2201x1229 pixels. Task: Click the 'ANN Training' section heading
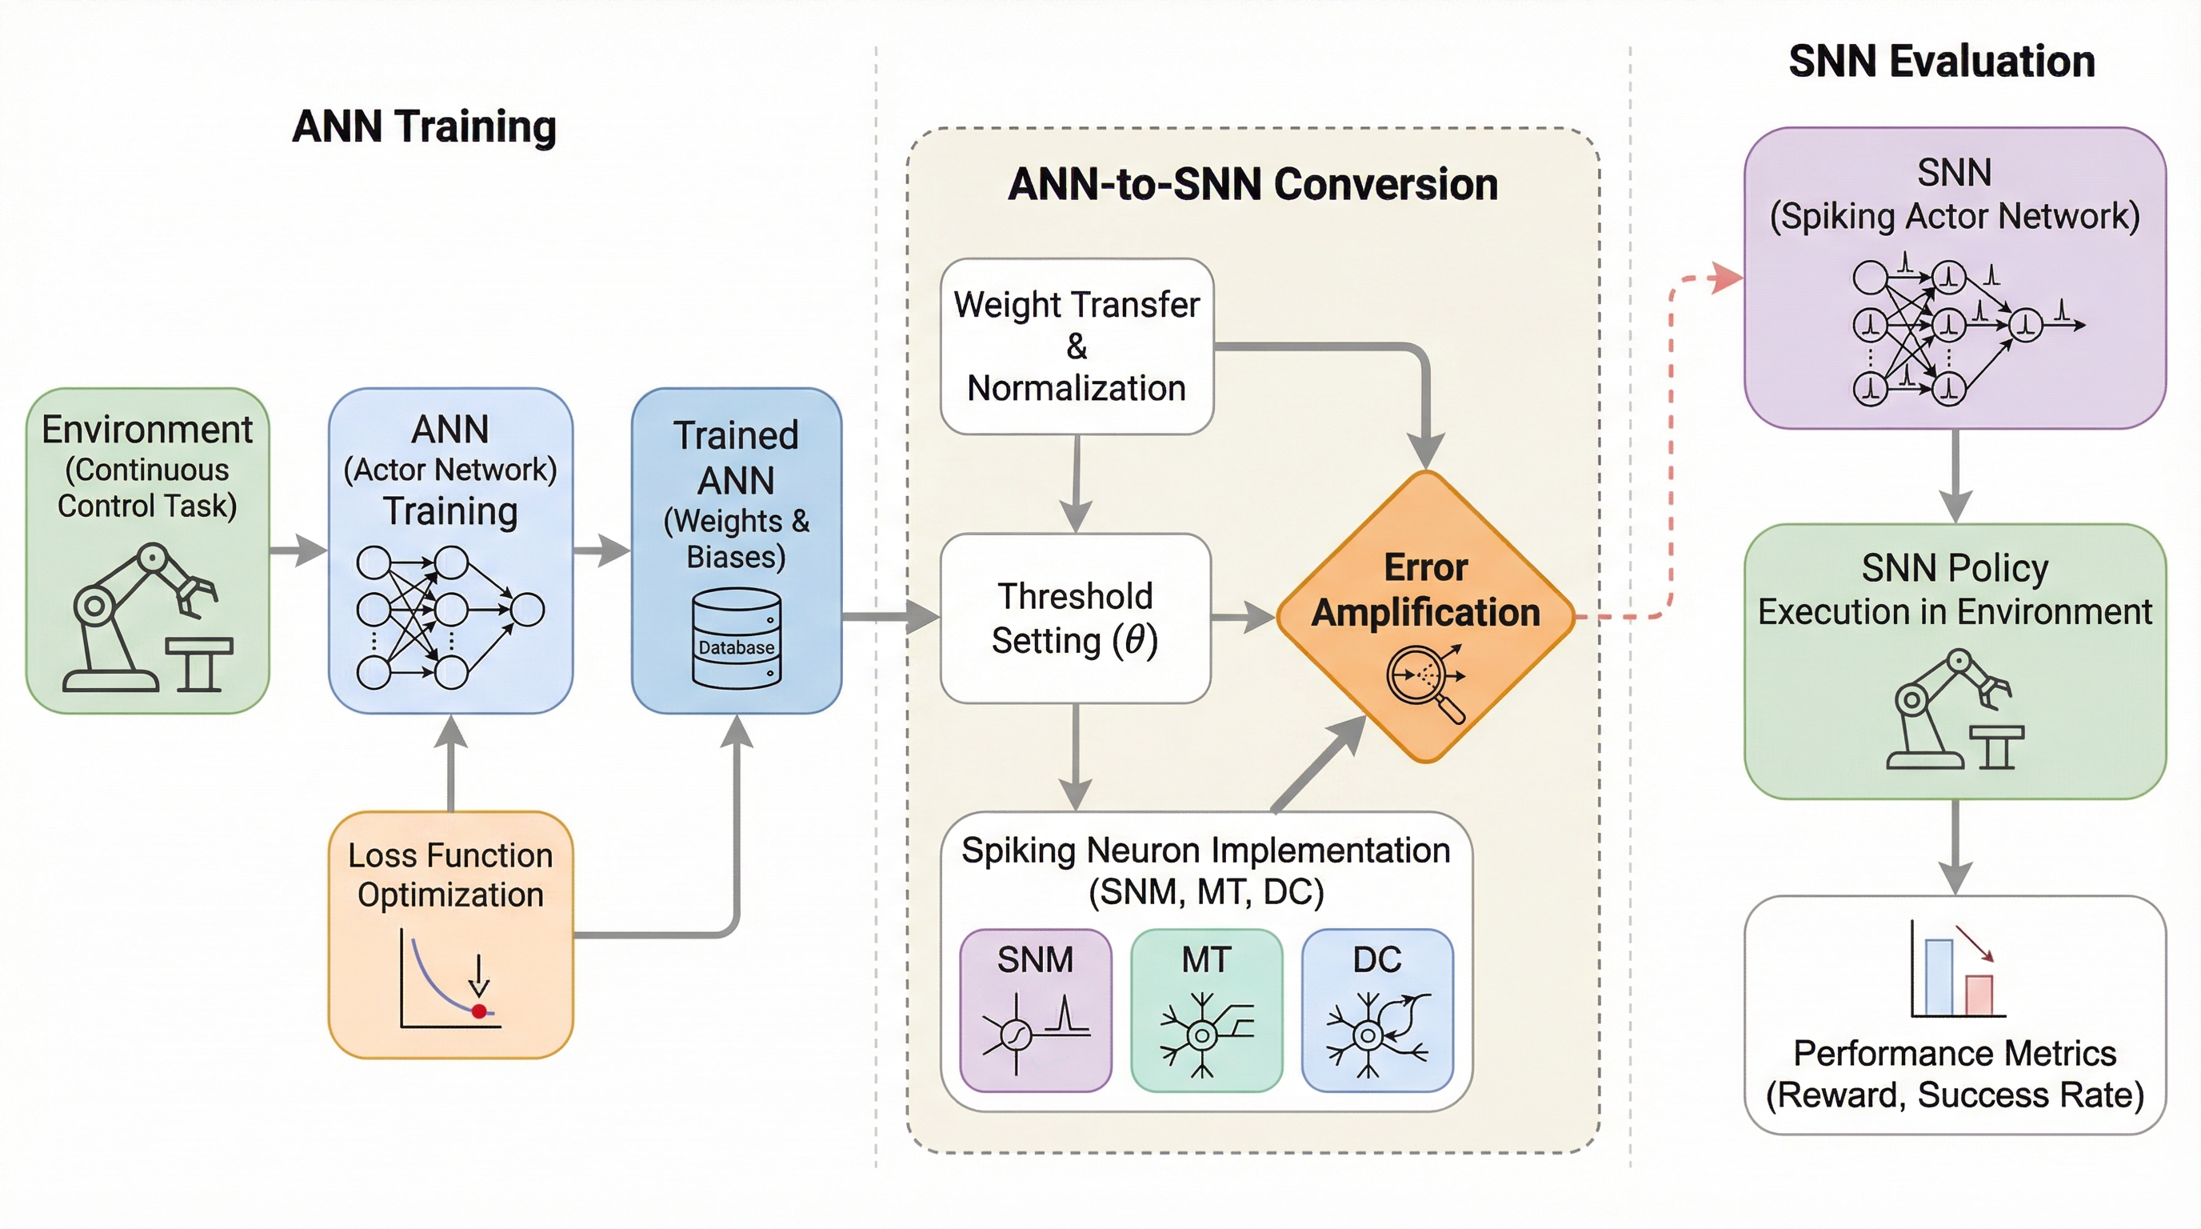(424, 126)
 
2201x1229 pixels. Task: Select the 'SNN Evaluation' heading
(1941, 62)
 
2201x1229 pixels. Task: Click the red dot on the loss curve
(479, 1011)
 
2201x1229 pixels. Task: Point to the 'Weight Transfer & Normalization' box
(1077, 346)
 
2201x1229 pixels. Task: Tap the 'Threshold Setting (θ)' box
(1075, 618)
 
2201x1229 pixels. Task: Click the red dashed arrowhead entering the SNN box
(1728, 278)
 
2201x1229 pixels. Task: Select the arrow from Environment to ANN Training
(299, 550)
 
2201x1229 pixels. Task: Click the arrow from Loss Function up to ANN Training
(451, 761)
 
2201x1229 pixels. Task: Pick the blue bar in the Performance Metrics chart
(1939, 976)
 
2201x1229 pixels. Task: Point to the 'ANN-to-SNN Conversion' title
(1252, 185)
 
